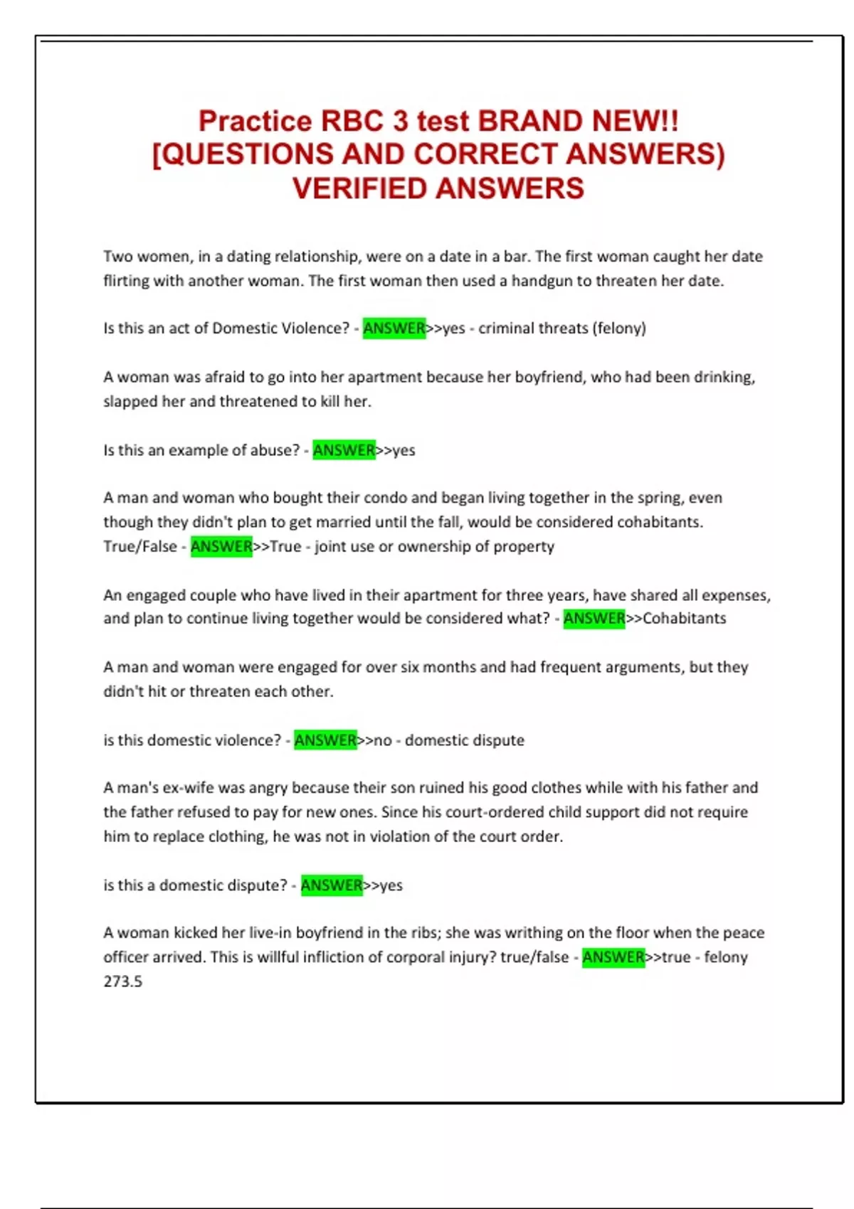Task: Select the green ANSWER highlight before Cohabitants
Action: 594,619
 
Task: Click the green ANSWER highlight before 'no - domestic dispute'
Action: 325,740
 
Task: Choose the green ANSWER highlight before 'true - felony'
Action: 613,957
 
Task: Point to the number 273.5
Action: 122,981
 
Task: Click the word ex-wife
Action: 188,788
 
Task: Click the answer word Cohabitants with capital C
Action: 684,619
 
